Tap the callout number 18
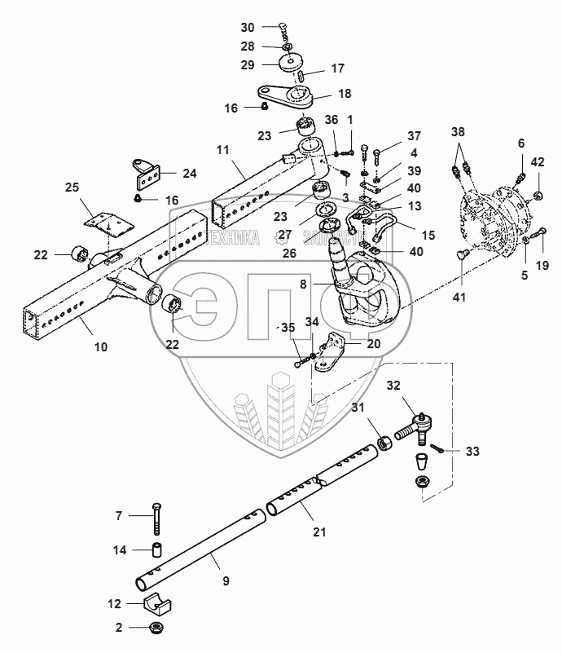345,94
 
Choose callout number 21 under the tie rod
318,532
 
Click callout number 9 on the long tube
226,580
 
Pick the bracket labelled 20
333,352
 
